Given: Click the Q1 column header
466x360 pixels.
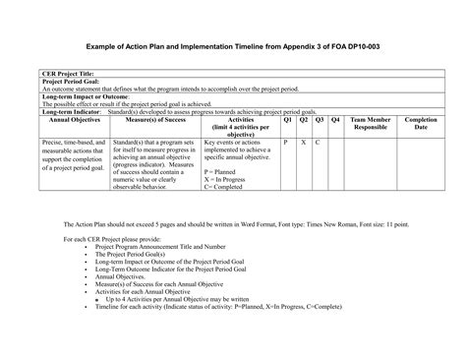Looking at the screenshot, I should tap(286, 120).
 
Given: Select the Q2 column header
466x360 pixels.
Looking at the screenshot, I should tap(303, 120).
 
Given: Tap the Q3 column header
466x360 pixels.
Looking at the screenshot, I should tap(320, 120).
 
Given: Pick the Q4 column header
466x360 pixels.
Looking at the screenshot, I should tap(336, 120).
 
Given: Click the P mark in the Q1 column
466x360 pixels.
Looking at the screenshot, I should tap(286, 143).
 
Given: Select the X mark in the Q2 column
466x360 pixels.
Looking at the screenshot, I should tap(303, 143).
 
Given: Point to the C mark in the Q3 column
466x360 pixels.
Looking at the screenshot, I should tap(319, 143).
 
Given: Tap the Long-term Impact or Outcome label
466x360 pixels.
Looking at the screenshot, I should tap(86, 96).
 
